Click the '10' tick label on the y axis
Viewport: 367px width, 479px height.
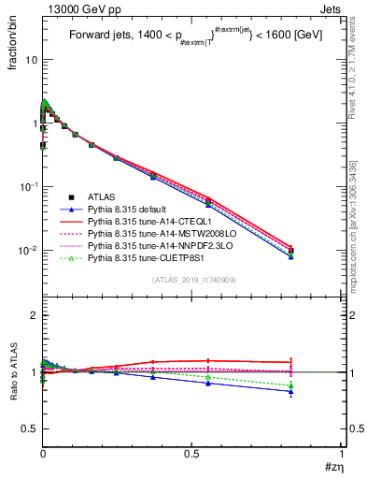[30, 59]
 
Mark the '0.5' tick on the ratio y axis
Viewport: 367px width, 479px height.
[29, 428]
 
